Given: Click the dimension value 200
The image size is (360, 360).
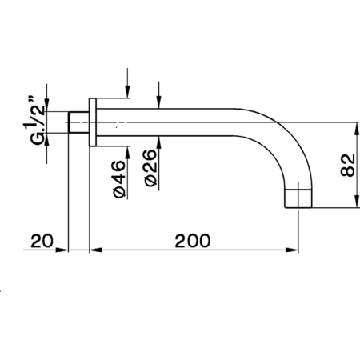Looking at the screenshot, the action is click(x=193, y=241).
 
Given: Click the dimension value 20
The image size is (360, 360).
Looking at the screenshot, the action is click(x=42, y=241).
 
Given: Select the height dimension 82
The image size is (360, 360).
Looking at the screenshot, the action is click(x=348, y=165).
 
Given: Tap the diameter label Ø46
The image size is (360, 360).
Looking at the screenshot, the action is click(x=119, y=179).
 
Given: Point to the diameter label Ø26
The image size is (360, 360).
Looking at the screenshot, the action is click(x=150, y=168).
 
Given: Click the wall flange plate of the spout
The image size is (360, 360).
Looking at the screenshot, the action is click(x=93, y=122).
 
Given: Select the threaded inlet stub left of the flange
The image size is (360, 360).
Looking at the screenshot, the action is click(x=78, y=122).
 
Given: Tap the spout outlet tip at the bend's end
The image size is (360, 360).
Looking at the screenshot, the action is click(x=298, y=198).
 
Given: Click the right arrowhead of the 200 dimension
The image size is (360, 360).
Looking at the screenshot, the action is click(x=292, y=250).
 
